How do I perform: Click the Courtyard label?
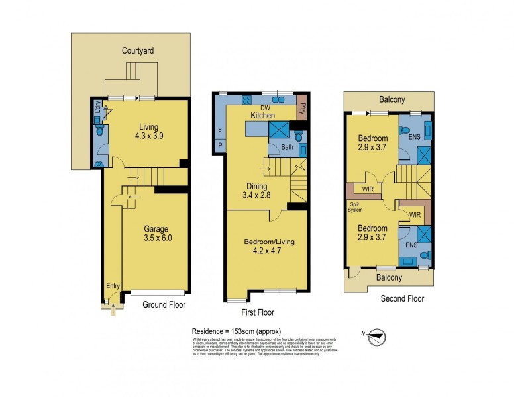[138, 50]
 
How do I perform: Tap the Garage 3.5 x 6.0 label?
[158, 234]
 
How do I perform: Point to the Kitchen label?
[263, 116]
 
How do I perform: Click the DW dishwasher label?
[266, 108]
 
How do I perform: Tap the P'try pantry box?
[303, 110]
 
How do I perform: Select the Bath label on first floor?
[287, 147]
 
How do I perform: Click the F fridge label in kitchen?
[219, 130]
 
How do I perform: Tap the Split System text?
[356, 207]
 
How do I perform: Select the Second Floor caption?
[402, 299]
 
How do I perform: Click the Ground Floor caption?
[164, 305]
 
